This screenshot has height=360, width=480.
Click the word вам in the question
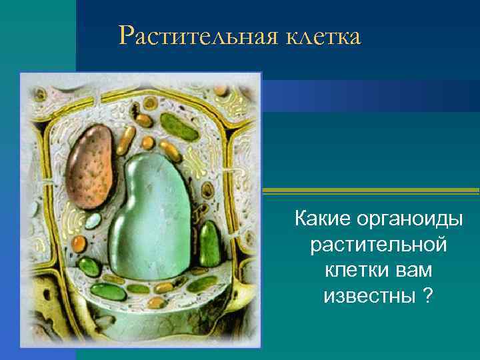pyautogui.click(x=415, y=269)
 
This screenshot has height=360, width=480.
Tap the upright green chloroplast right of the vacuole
pyautogui.click(x=210, y=243)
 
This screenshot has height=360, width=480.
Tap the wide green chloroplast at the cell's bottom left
pyautogui.click(x=109, y=292)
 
